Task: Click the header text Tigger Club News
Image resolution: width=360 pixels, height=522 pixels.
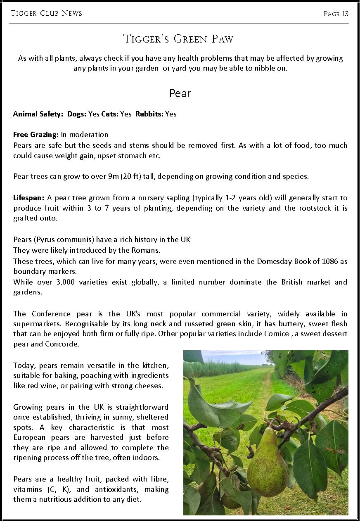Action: click(46, 14)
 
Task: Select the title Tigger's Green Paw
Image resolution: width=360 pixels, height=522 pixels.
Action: click(178, 39)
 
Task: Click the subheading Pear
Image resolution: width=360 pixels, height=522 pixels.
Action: click(180, 94)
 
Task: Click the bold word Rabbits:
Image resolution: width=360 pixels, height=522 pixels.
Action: click(149, 114)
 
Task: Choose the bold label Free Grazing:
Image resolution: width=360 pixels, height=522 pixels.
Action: click(36, 135)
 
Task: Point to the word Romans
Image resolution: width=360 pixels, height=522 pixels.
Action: click(148, 250)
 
